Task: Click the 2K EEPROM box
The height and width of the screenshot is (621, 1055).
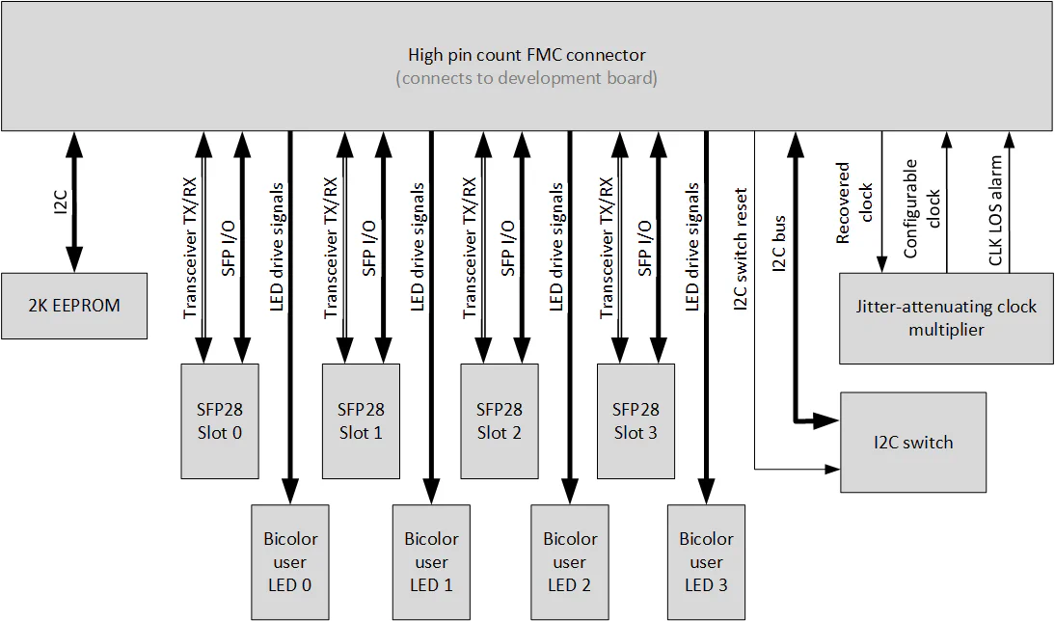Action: [74, 306]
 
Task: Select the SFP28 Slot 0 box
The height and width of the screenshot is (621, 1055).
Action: [220, 420]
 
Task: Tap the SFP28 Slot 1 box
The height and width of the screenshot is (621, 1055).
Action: [361, 420]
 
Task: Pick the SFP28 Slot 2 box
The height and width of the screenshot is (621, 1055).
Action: [499, 420]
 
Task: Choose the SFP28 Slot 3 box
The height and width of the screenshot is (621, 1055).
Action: [636, 420]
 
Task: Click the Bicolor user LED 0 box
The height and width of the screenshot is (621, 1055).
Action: [289, 562]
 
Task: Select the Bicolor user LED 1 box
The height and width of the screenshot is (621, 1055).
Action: [431, 562]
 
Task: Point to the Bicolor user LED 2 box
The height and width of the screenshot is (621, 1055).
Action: [569, 562]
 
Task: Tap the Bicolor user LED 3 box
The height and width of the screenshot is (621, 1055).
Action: [706, 562]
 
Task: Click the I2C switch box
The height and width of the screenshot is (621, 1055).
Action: [913, 443]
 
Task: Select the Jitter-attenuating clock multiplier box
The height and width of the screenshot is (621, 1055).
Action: [946, 318]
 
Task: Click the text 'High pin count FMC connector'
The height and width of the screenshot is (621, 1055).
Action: [527, 55]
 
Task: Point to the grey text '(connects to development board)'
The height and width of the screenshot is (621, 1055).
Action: [527, 78]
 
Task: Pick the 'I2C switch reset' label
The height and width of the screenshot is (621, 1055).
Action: [742, 249]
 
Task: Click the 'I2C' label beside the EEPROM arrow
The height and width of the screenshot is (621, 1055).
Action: [60, 202]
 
